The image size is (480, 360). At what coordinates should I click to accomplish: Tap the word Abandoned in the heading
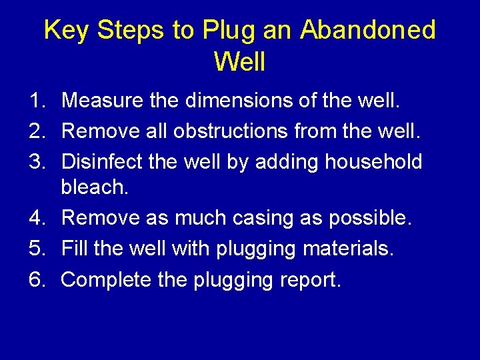(x=367, y=31)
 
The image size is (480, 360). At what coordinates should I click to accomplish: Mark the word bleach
(x=94, y=187)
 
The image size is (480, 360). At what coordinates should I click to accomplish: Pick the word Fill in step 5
(x=74, y=249)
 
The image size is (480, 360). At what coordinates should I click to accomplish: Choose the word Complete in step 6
(x=106, y=280)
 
